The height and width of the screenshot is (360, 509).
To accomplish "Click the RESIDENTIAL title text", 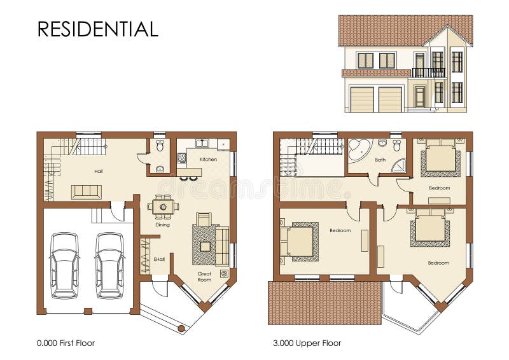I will point(97,29).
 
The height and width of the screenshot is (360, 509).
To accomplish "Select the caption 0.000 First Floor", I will point(66,343).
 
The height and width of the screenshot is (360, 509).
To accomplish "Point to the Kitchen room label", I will point(208,159).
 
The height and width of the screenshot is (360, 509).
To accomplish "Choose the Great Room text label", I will point(204,277).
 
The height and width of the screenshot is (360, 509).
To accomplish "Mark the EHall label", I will point(159,259).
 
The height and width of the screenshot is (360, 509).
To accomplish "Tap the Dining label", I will point(162,225).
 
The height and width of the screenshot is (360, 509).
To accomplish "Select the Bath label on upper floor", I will point(380,160).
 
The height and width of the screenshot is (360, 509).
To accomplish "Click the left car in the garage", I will point(64,265).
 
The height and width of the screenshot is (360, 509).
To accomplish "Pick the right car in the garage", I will point(109,265).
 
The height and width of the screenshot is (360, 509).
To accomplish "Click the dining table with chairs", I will point(164,206).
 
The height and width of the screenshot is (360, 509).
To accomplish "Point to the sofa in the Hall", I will point(87,191).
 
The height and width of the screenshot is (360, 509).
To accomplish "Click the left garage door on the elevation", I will point(361,100).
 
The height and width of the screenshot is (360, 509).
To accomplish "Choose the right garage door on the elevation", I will point(390,100).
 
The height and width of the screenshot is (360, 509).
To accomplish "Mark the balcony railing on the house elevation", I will point(428,73).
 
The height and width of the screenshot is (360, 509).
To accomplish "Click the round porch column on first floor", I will point(181,328).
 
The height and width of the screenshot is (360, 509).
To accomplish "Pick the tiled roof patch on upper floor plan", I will point(325,303).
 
